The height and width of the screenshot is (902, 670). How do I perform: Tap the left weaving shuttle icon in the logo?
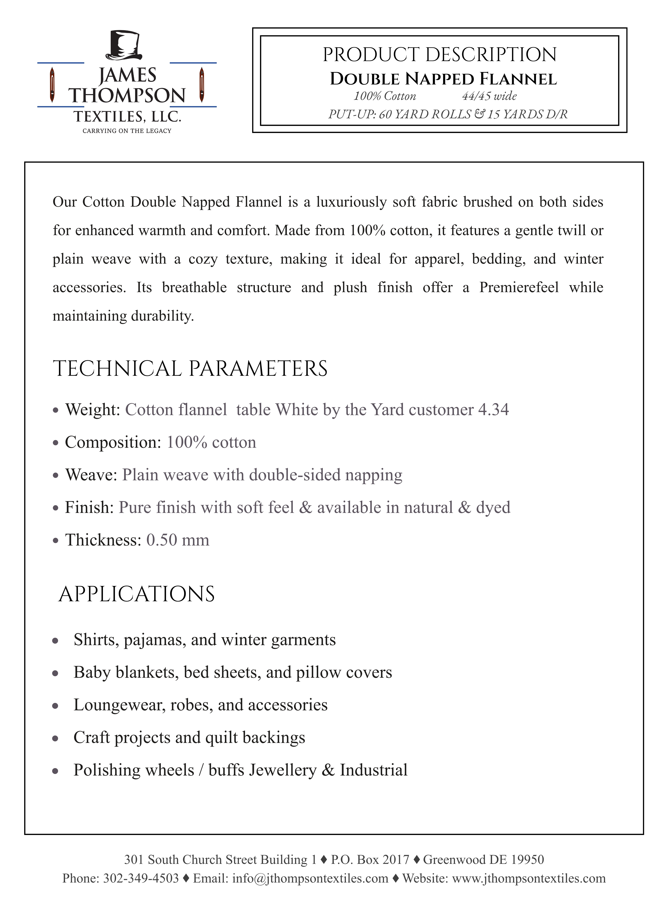point(52,85)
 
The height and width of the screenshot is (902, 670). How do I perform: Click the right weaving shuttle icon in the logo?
point(202,85)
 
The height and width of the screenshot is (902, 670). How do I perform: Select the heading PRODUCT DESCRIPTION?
point(440,55)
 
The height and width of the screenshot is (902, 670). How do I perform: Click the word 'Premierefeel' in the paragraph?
point(519,287)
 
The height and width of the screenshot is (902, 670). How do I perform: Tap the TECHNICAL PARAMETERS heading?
point(190,369)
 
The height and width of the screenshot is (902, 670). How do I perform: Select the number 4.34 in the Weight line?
point(493,410)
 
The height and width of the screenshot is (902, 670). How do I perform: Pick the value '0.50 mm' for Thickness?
point(178,540)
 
